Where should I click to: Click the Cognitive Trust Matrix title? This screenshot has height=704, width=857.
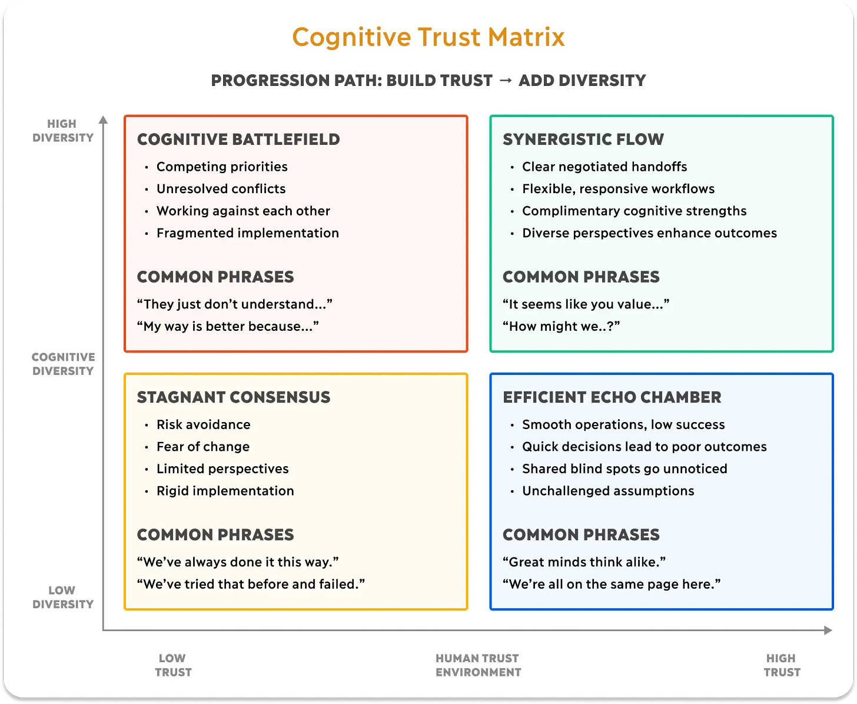[428, 37]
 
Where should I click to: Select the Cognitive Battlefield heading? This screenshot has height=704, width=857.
[238, 140]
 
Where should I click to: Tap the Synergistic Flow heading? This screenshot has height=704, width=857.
[583, 140]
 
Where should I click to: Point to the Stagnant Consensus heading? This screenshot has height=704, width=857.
[234, 397]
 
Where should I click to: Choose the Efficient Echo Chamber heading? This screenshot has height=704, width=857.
[612, 397]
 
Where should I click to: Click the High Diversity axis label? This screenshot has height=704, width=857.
[62, 131]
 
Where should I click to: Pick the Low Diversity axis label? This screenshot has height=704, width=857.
[62, 597]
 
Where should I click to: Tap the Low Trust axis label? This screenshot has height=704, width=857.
[173, 665]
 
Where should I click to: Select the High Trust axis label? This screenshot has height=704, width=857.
[782, 665]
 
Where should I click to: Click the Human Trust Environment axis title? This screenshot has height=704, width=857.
[478, 665]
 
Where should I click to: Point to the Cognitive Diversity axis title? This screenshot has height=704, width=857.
[62, 364]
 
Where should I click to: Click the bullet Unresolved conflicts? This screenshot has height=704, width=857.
[221, 189]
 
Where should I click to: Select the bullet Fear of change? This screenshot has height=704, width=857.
[202, 447]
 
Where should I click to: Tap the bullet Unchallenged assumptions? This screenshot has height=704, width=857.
[608, 491]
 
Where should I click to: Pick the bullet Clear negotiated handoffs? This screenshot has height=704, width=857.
[604, 167]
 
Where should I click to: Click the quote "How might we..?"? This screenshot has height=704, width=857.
[561, 326]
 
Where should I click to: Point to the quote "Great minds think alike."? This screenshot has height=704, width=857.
[584, 562]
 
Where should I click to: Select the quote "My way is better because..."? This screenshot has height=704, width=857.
[228, 326]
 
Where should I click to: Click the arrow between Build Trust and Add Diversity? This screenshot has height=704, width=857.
[505, 80]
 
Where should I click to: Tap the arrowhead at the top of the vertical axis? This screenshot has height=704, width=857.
[104, 120]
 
